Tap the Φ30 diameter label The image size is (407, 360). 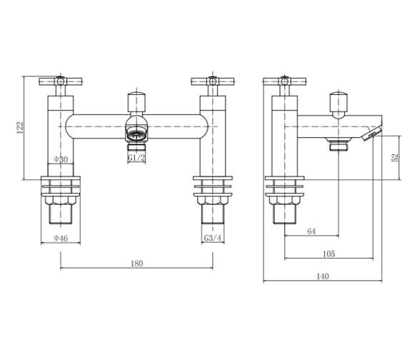[x=61, y=159]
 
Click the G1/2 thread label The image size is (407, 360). [x=136, y=159]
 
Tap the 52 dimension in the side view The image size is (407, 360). [x=395, y=157]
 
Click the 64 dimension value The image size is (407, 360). [x=311, y=231]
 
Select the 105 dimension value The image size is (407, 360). [x=328, y=254]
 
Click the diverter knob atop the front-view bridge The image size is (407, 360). [x=136, y=100]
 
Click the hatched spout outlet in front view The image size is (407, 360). [x=136, y=134]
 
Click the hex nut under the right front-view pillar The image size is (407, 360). [x=212, y=214]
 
